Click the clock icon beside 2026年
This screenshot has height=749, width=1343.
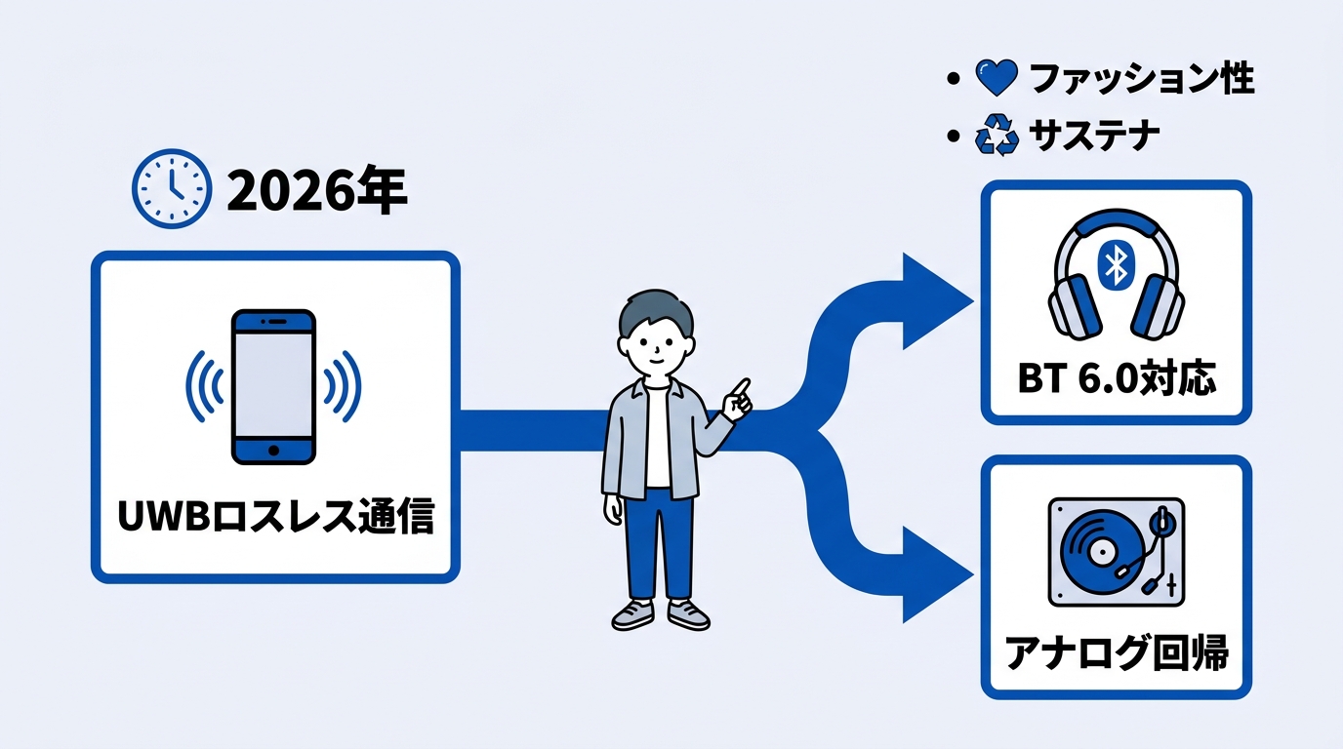coord(171,188)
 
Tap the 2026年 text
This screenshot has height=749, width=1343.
coord(315,190)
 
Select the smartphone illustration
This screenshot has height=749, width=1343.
coord(273,386)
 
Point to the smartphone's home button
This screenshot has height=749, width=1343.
coord(273,451)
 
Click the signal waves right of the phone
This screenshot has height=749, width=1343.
coord(341,386)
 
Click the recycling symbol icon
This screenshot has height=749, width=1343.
coord(997,138)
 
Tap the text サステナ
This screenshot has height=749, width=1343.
coord(1094,137)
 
